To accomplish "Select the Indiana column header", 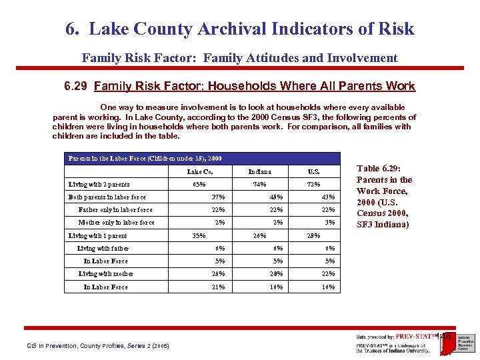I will coord(259,171).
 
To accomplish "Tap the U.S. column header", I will coord(313,171).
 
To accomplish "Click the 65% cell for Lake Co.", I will coord(199,184).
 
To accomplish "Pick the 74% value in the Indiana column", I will coord(259,184).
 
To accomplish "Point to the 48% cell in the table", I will coord(276,197).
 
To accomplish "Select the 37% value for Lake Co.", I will coord(218,197).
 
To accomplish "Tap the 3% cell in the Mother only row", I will coord(330,222).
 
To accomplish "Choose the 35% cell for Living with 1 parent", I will coord(199,235).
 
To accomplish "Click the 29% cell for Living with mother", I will coord(218,273).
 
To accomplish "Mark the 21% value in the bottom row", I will coord(218,287).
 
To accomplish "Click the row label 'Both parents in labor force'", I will coord(107,197).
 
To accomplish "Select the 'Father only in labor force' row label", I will coord(115,209).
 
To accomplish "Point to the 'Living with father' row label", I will coord(103,248).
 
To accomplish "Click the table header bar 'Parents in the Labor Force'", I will coord(145,159).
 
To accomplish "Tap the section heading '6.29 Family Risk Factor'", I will coord(239,86).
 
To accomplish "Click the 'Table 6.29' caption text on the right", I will coord(384,197).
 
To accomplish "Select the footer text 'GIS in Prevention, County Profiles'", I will coord(98,345).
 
